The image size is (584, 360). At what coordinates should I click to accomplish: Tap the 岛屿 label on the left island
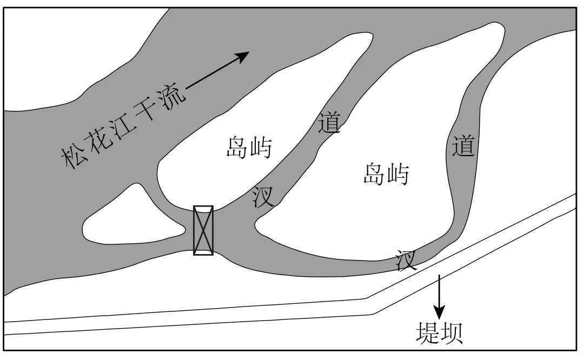click(x=249, y=147)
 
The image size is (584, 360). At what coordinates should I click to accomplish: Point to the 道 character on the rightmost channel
click(x=463, y=146)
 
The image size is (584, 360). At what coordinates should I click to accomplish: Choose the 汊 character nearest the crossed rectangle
click(x=263, y=197)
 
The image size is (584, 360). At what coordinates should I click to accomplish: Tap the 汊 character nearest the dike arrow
click(x=407, y=260)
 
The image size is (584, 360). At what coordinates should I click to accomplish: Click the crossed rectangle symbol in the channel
click(x=203, y=230)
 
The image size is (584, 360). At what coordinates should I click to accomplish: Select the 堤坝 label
click(x=439, y=334)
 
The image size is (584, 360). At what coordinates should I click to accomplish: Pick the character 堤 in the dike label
click(x=427, y=334)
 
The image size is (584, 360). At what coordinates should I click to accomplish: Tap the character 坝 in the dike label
click(x=452, y=334)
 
